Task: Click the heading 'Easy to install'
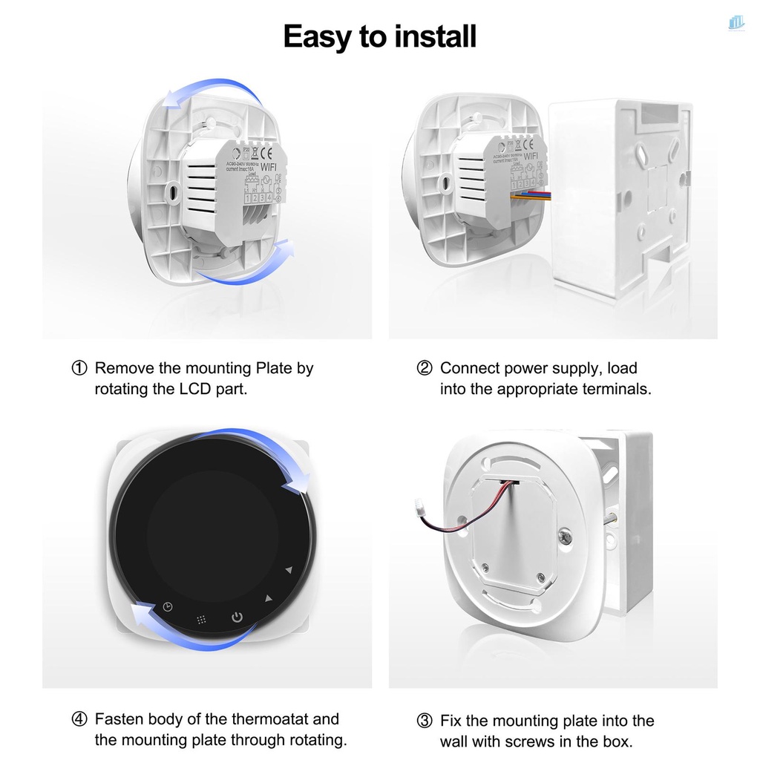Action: pos(379,36)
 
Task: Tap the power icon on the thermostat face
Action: pos(236,617)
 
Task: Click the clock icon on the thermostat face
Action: pos(168,607)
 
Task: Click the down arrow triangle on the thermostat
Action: pos(289,570)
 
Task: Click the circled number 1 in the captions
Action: pos(79,368)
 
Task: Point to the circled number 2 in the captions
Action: pos(424,368)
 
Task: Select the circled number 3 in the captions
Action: pos(424,721)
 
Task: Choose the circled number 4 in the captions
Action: pos(79,719)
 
